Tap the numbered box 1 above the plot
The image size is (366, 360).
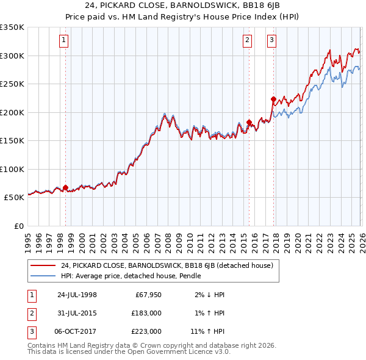coord(64,41)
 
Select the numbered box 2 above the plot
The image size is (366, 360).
coord(247,41)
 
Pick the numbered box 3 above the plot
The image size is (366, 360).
coord(271,41)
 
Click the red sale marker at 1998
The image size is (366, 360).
coord(66,188)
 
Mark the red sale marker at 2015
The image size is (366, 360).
coord(249,122)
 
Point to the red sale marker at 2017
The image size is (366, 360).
coord(273,99)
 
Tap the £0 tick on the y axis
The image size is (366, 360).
coord(18,226)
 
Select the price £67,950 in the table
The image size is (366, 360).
coord(146,295)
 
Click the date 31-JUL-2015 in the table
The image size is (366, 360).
coord(77,313)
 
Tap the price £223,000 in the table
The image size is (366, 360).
coord(146,331)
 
